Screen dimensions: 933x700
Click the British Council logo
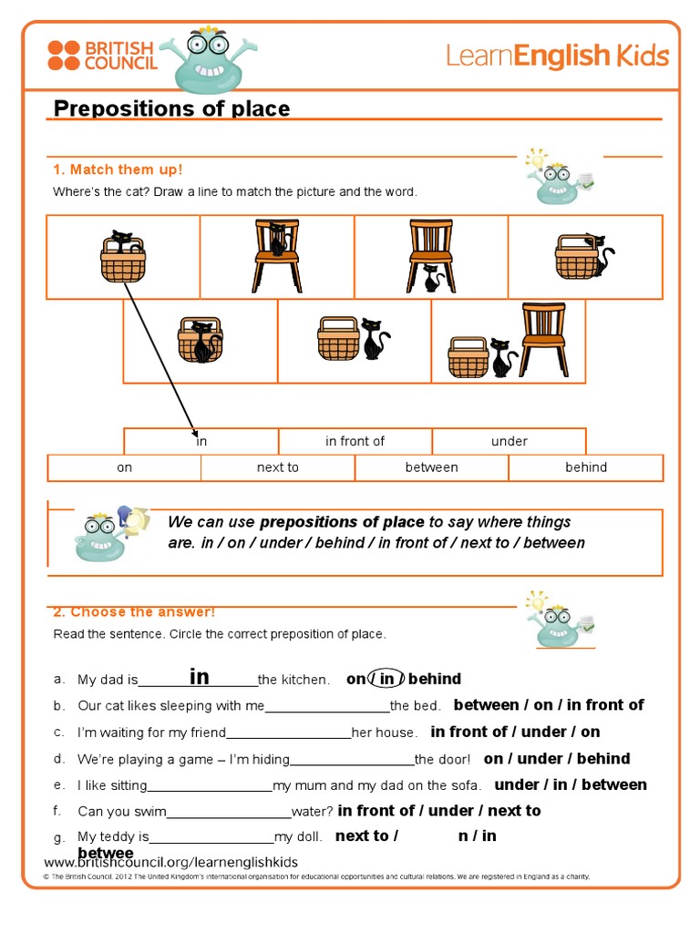coord(102,55)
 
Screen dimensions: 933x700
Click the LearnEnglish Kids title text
coord(557,56)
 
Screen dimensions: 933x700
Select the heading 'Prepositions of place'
coord(171,108)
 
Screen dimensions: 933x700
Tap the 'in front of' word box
coord(355,441)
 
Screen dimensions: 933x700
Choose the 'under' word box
coord(509,441)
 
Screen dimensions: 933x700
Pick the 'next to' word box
coord(277,467)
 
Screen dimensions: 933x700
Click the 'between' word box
coord(431,467)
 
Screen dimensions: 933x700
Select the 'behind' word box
coord(585,467)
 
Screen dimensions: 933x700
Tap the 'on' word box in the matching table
coord(124,467)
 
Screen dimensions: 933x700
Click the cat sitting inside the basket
coord(122,241)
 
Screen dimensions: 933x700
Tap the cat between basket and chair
coord(500,357)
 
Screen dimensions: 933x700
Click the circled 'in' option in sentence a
coord(386,679)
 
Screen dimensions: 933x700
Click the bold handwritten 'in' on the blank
coord(200,677)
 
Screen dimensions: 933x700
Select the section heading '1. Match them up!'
coord(118,169)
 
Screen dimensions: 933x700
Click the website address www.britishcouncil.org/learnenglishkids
coord(171,862)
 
